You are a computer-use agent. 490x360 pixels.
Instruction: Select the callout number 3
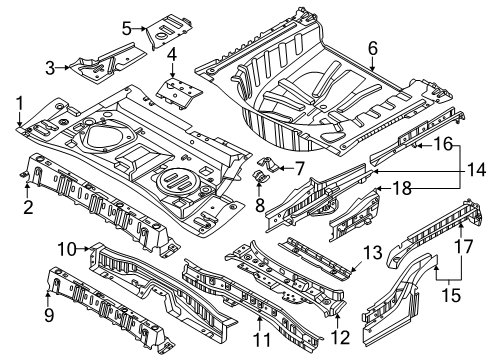[48, 67]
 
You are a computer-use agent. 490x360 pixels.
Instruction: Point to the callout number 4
[172, 54]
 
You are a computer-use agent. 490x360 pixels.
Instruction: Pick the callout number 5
[126, 27]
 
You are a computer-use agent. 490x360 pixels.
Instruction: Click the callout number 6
[372, 46]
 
